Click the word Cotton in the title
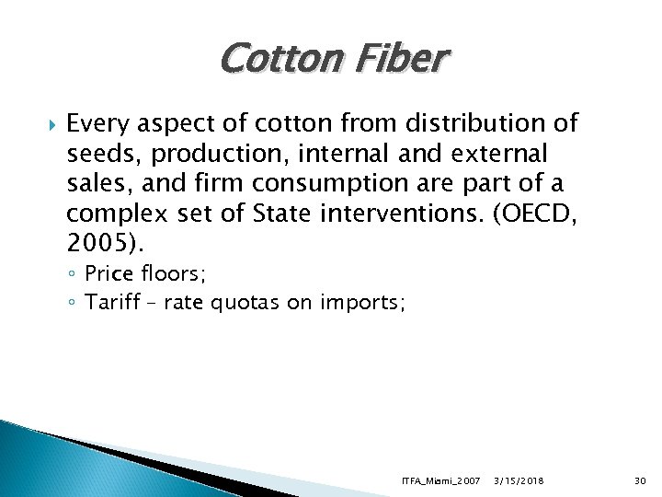[272, 60]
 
